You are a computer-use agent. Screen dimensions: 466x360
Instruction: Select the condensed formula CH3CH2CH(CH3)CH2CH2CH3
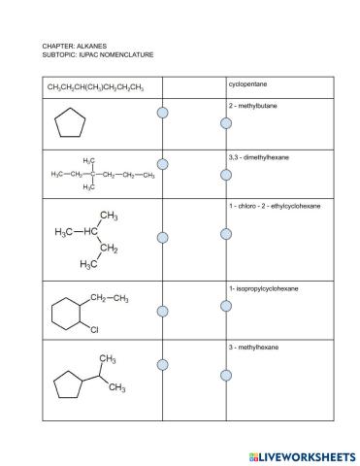(96, 88)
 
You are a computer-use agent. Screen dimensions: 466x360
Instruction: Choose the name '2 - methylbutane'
(250, 105)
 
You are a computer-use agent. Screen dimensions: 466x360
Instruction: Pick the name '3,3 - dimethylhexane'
(256, 155)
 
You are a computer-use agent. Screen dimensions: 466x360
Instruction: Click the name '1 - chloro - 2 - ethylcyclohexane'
(275, 206)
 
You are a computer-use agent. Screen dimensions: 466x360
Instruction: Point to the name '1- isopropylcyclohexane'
(263, 288)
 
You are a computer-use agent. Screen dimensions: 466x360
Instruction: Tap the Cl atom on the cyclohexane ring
(95, 331)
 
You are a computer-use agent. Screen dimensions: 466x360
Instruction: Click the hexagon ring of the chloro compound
(66, 314)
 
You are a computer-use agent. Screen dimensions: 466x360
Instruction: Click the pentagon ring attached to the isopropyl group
(66, 385)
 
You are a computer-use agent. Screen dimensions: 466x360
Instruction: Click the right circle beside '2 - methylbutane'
(226, 123)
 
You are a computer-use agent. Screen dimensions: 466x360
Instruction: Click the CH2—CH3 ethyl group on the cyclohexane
(110, 298)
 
